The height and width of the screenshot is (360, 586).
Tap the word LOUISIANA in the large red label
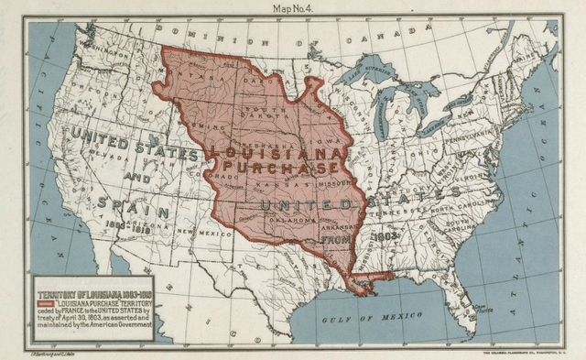point(278,152)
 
